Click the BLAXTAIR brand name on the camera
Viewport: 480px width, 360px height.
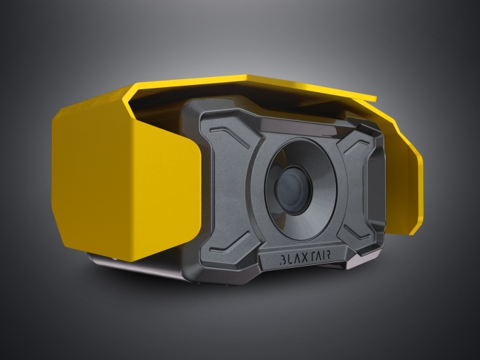point(305,257)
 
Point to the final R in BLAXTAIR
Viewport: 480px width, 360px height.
point(327,255)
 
